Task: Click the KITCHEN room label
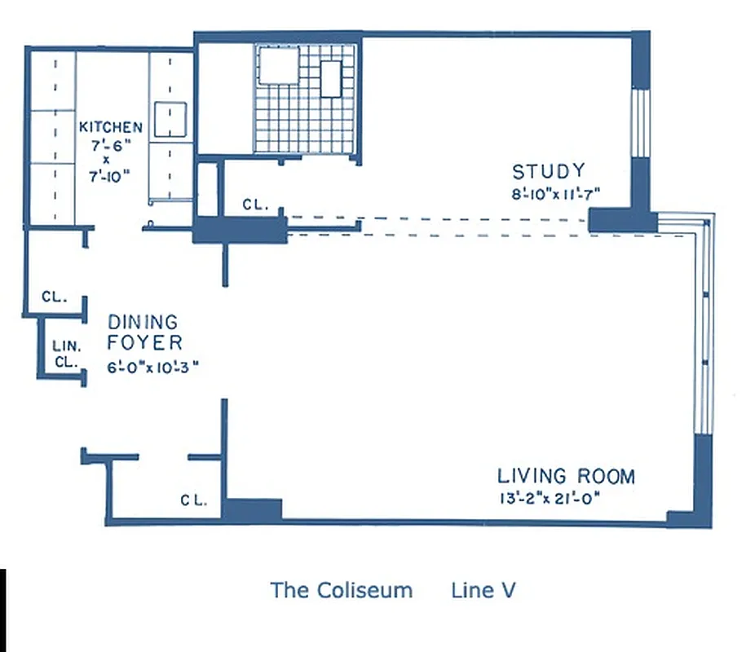click(111, 127)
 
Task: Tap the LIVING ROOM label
click(566, 476)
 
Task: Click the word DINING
click(143, 324)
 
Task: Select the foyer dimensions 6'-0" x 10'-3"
click(152, 366)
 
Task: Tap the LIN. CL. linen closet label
click(66, 354)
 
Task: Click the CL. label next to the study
click(255, 206)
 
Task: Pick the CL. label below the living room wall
click(193, 500)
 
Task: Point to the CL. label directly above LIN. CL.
click(54, 297)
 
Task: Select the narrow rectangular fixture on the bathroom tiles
click(331, 78)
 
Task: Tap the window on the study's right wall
click(642, 122)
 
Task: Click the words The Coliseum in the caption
click(342, 590)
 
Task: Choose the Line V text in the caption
click(483, 590)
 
